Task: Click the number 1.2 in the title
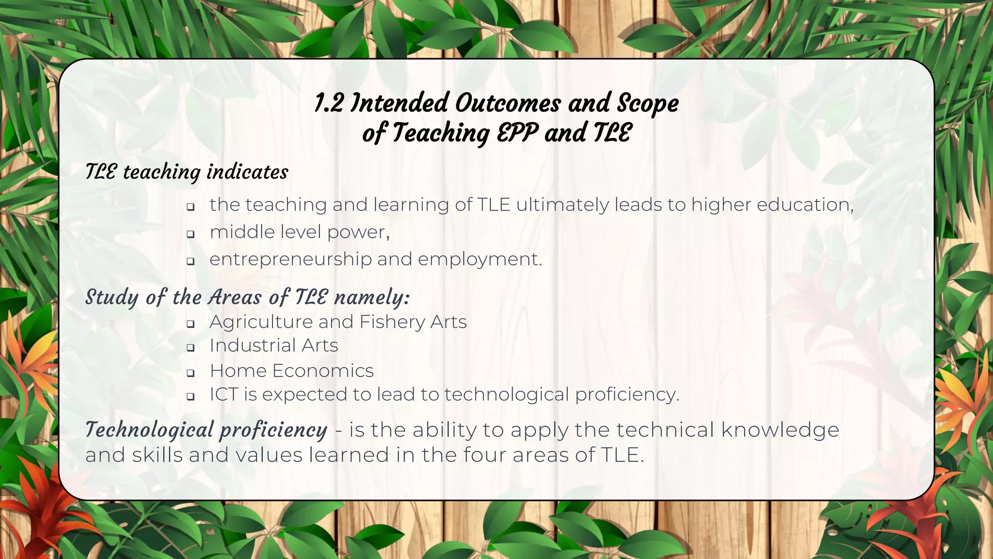click(x=329, y=103)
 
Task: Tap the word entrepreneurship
click(x=290, y=260)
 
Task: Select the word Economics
click(x=323, y=371)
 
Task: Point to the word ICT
click(x=224, y=395)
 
